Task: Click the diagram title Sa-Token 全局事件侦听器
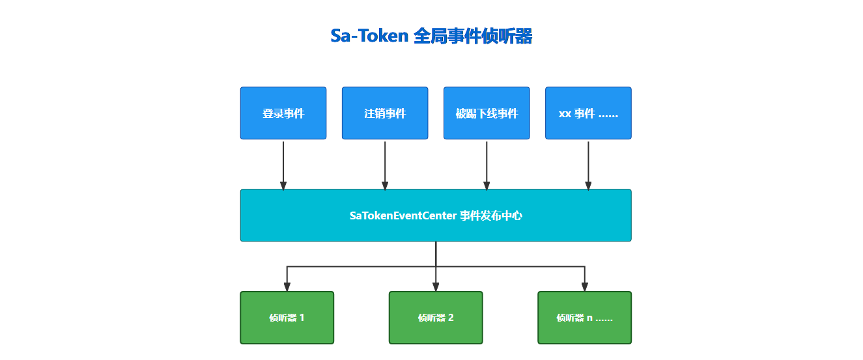431,36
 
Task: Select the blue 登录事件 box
283,113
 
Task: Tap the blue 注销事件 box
385,113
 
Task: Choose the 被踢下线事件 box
487,113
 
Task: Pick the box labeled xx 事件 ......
588,113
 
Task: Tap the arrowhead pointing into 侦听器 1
287,287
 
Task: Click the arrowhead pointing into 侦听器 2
436,287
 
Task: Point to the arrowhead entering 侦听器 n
584,287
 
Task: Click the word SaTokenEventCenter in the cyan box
402,215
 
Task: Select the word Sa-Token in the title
369,36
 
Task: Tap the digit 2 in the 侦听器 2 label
451,318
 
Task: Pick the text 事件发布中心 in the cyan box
491,215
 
